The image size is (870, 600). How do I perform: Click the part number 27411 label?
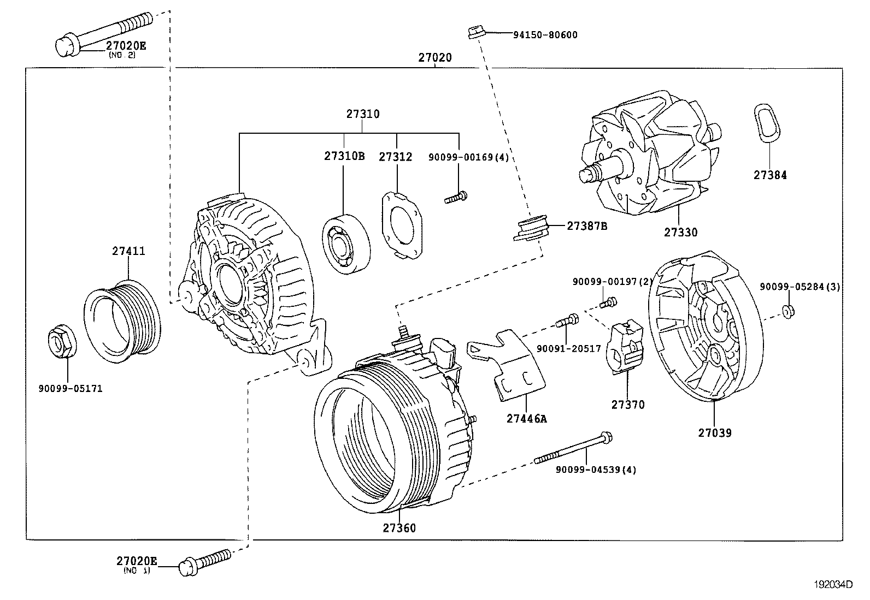click(x=128, y=251)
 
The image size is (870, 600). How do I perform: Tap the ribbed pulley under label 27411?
click(x=122, y=322)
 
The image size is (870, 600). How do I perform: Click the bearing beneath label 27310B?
click(x=346, y=245)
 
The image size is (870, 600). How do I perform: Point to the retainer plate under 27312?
click(x=403, y=224)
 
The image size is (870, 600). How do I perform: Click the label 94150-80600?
click(x=545, y=35)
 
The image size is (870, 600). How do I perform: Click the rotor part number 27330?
click(x=680, y=232)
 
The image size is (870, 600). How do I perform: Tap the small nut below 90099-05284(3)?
click(x=787, y=311)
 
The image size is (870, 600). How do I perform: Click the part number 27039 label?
click(x=714, y=433)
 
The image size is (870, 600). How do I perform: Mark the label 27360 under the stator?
click(x=399, y=528)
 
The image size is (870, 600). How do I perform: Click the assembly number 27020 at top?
click(x=435, y=57)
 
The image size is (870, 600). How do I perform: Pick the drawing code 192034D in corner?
click(x=833, y=584)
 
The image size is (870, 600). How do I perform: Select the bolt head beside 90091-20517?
click(x=571, y=319)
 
